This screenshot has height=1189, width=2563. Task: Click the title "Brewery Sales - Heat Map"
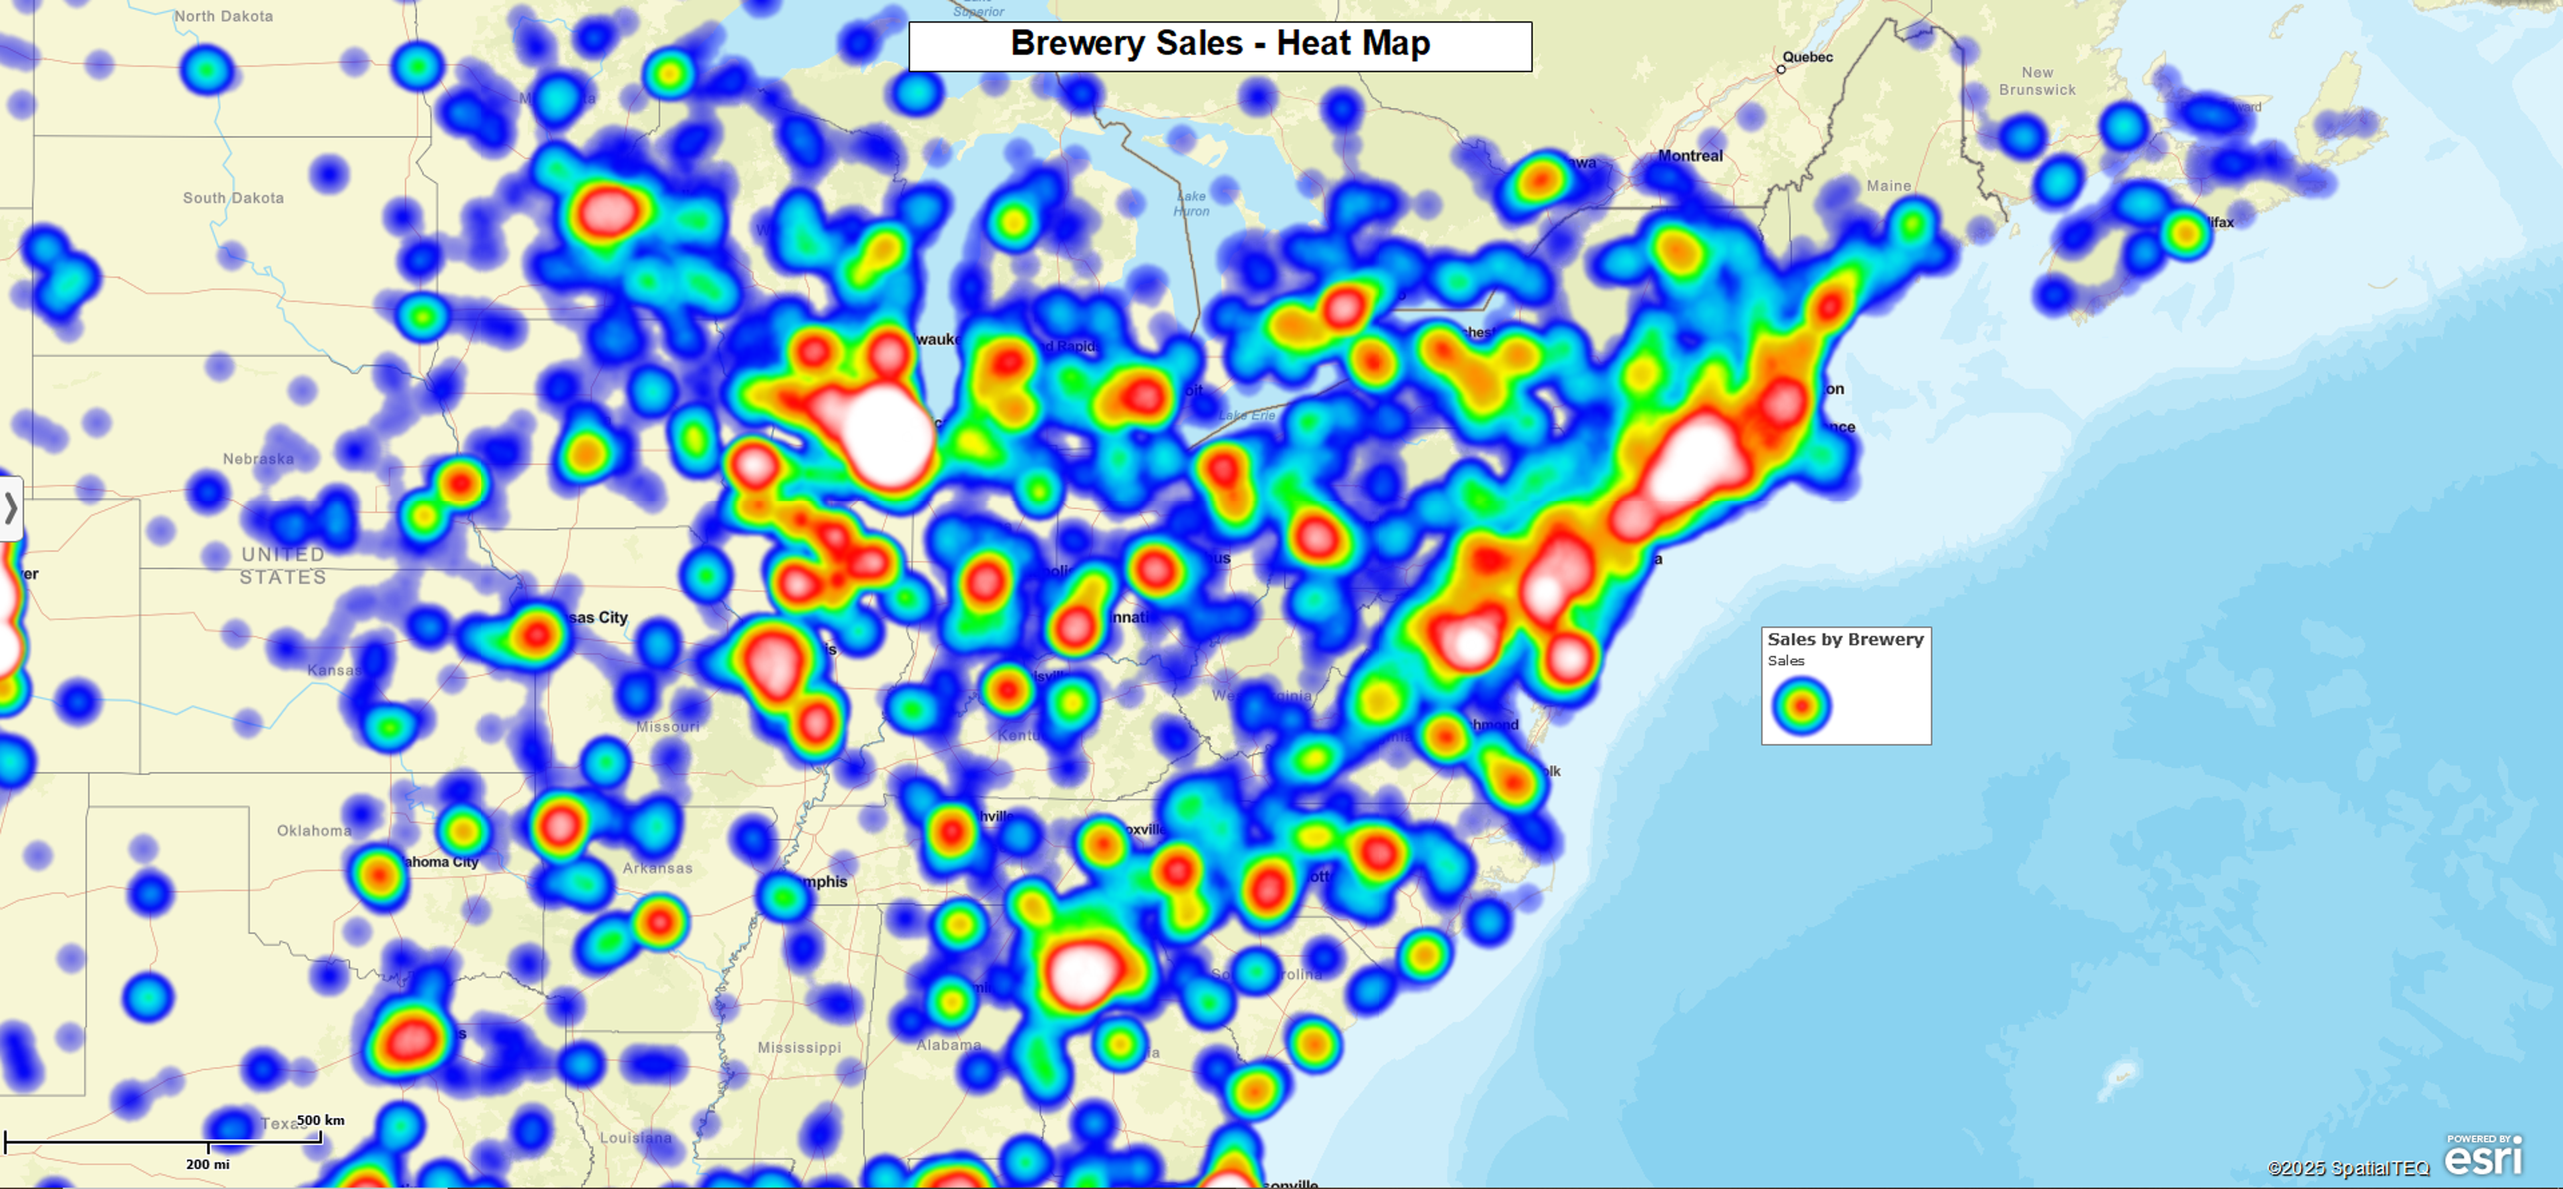click(x=1220, y=45)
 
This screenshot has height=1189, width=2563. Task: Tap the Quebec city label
click(x=1807, y=57)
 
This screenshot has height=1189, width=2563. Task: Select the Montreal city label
click(x=1690, y=156)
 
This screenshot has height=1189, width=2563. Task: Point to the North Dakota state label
click(x=223, y=17)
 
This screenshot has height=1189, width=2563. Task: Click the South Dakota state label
click(x=233, y=198)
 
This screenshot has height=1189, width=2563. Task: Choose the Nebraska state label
click(x=258, y=459)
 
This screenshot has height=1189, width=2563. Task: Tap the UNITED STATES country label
click(x=283, y=565)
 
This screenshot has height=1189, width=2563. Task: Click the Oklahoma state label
click(x=313, y=831)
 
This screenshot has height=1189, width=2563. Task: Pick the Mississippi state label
click(x=799, y=1047)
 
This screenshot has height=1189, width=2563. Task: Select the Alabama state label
click(x=948, y=1045)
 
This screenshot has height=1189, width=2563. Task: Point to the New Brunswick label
click(x=2037, y=81)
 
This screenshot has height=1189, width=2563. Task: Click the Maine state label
click(x=1888, y=186)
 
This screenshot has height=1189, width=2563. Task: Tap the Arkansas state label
click(x=657, y=868)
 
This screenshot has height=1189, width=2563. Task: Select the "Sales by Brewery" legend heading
click(x=1845, y=640)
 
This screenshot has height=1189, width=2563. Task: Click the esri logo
click(x=2483, y=1157)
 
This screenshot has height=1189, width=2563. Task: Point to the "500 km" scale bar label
click(x=321, y=1120)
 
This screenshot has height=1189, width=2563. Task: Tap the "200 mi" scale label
click(x=207, y=1164)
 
